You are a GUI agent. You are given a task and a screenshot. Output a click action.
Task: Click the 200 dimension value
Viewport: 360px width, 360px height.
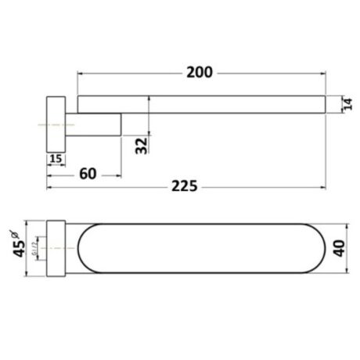[200, 73]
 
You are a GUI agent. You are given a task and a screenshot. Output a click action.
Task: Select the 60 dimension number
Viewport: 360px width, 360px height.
[88, 173]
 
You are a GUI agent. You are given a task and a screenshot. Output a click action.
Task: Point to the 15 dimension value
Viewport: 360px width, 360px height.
[56, 159]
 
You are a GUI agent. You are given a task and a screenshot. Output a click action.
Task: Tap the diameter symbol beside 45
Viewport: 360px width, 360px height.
[13, 232]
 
